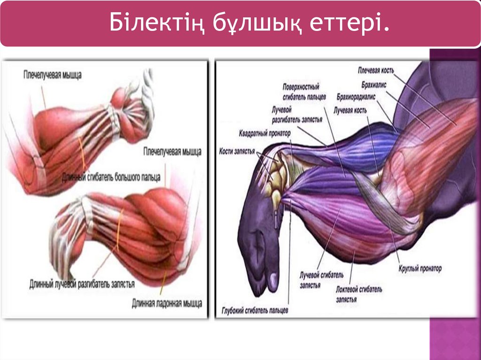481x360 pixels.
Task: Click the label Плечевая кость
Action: tap(376, 70)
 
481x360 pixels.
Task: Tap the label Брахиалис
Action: tap(373, 86)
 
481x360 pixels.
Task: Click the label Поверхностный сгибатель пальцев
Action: tap(301, 91)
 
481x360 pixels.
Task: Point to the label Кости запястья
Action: tap(237, 152)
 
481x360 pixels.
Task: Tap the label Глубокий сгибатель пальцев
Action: tap(255, 310)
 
